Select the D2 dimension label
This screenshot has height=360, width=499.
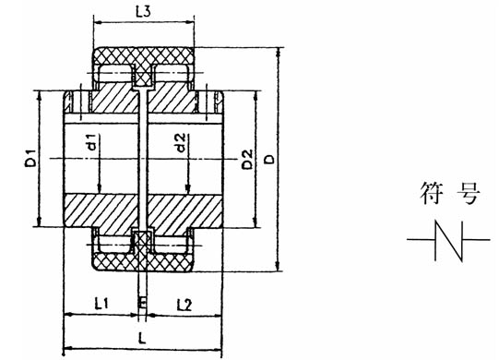246,158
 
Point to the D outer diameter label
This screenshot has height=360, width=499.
267,160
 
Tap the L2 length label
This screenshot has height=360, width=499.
182,303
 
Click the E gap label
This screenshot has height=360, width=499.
141,303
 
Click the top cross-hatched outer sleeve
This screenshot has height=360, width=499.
142,57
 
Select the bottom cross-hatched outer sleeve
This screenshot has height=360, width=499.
142,262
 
